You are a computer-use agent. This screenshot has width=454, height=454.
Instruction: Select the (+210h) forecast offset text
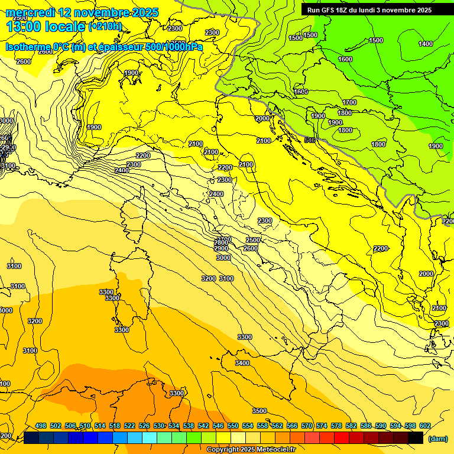[105, 26]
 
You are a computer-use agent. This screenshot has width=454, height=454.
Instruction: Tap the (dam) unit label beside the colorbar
[437, 439]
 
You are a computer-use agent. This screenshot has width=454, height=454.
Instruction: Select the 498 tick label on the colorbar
[41, 426]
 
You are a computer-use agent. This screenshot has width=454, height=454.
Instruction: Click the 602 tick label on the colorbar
[425, 426]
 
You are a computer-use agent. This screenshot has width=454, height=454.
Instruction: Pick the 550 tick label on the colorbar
[233, 426]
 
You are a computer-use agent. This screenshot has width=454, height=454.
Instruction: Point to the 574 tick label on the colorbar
[322, 426]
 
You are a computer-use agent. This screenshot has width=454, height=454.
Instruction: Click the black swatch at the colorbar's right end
[416, 437]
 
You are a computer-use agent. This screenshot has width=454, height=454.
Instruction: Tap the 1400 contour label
[426, 44]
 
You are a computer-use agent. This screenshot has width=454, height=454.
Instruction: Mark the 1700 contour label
[349, 102]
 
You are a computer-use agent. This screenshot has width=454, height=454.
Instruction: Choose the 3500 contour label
[259, 411]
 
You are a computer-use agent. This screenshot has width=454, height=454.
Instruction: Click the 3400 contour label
[242, 363]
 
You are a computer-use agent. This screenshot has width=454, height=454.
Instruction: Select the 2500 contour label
[252, 240]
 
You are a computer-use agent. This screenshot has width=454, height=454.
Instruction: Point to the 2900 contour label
[221, 249]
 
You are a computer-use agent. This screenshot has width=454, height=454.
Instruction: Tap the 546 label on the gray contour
[309, 140]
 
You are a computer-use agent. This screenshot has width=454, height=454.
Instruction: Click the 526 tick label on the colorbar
[144, 426]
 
